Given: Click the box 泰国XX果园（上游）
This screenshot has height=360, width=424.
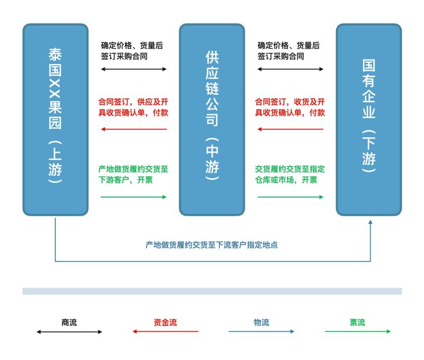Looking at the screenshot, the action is click(55, 119).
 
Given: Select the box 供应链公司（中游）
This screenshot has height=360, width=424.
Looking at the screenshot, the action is click(212, 119).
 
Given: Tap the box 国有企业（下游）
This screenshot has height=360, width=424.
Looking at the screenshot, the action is click(369, 119).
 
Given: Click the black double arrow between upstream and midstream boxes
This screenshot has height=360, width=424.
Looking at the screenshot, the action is click(134, 69).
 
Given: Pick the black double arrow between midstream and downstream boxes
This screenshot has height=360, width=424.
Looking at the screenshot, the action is click(290, 69).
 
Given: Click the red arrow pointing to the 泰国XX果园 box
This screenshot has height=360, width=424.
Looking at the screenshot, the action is click(134, 129).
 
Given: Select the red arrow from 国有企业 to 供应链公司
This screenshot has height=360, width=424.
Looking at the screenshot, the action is click(290, 129).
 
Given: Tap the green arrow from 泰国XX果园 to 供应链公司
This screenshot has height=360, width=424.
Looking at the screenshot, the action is click(134, 197).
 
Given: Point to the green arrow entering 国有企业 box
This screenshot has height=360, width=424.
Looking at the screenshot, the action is click(290, 197).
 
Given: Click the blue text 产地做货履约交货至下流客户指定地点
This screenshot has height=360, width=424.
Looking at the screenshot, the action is click(211, 245).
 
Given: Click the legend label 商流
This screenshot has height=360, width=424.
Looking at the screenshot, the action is click(69, 322).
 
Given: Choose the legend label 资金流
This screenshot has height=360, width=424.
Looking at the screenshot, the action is click(165, 322).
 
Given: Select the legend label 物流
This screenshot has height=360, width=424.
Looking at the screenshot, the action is click(261, 322).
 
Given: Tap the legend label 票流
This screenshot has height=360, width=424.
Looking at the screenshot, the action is click(357, 322).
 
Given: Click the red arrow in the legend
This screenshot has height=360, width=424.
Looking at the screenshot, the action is click(165, 331).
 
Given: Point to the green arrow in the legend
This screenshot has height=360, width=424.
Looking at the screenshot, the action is click(358, 331).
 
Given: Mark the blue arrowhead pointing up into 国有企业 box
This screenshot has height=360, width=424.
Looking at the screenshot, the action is click(371, 222).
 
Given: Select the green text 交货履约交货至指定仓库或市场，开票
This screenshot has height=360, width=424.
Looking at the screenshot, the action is click(290, 175).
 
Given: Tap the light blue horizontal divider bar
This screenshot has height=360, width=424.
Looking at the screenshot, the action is click(212, 291).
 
